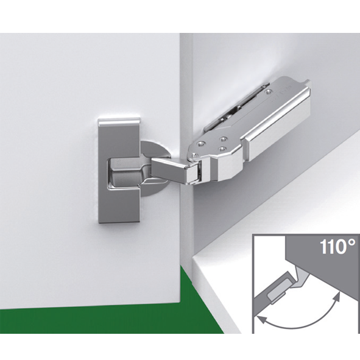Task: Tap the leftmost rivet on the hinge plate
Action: (x=201, y=143)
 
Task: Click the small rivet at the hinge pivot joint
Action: (x=195, y=155)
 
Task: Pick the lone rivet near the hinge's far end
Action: (x=267, y=92)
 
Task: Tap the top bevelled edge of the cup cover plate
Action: (x=119, y=122)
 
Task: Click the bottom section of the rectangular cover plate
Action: (x=119, y=203)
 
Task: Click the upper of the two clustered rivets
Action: (x=223, y=139)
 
